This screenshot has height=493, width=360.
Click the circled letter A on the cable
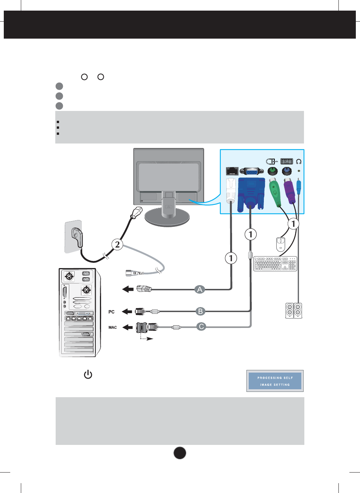click(200, 290)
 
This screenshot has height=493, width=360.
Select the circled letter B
click(200, 312)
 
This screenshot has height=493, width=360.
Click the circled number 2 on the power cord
click(117, 245)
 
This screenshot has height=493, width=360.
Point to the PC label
click(111, 312)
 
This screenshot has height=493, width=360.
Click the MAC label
click(112, 327)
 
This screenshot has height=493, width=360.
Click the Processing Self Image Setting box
click(275, 381)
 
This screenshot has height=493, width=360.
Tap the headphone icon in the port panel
click(299, 161)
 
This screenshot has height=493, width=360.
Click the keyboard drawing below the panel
click(276, 264)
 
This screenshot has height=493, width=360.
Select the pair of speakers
click(294, 311)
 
